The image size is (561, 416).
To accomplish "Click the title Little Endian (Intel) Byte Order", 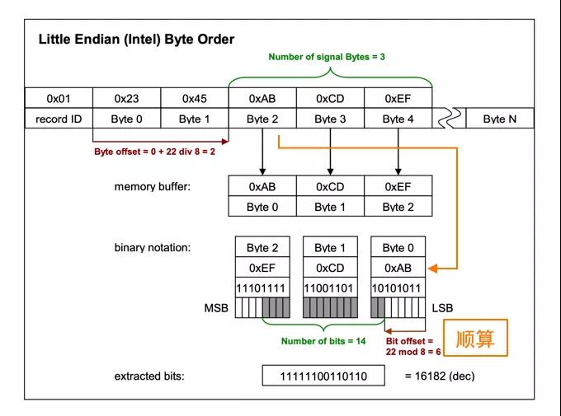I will [x=136, y=40].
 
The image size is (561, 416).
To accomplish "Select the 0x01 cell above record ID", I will [x=58, y=98].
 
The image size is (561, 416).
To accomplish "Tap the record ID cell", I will [x=58, y=119].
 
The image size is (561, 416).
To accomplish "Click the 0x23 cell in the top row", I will [x=126, y=98].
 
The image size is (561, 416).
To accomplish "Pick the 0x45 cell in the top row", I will [x=194, y=98].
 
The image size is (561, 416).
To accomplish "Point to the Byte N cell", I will [x=499, y=119].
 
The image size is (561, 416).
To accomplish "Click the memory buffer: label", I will [x=153, y=186].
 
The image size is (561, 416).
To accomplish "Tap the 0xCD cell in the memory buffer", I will [x=330, y=186].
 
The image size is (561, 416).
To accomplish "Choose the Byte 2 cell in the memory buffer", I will [x=398, y=207].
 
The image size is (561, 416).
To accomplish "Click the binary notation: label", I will [x=153, y=247].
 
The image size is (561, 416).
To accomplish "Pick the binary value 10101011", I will [x=398, y=288].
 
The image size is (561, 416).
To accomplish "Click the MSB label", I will [x=217, y=308].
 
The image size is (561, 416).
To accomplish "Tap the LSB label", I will [x=442, y=308].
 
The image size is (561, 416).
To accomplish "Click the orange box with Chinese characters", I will [x=474, y=339].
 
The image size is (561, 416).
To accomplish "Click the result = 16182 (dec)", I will [x=439, y=376].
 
